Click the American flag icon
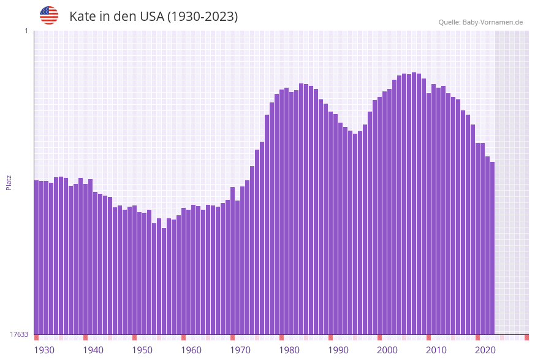(49, 15)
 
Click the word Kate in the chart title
(82, 17)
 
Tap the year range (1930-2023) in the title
(202, 17)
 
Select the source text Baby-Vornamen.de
(492, 22)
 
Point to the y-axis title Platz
(9, 182)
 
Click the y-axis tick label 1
(26, 31)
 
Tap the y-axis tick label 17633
(19, 334)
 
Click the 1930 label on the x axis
(44, 350)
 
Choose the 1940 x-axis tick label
(93, 350)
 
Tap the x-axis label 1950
(142, 350)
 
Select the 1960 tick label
(191, 350)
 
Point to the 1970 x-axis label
(240, 350)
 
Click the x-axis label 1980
(289, 350)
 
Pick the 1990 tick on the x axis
(338, 350)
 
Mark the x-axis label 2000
(387, 350)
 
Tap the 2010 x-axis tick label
(436, 350)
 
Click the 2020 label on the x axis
(485, 350)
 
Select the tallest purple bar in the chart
(414, 202)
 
